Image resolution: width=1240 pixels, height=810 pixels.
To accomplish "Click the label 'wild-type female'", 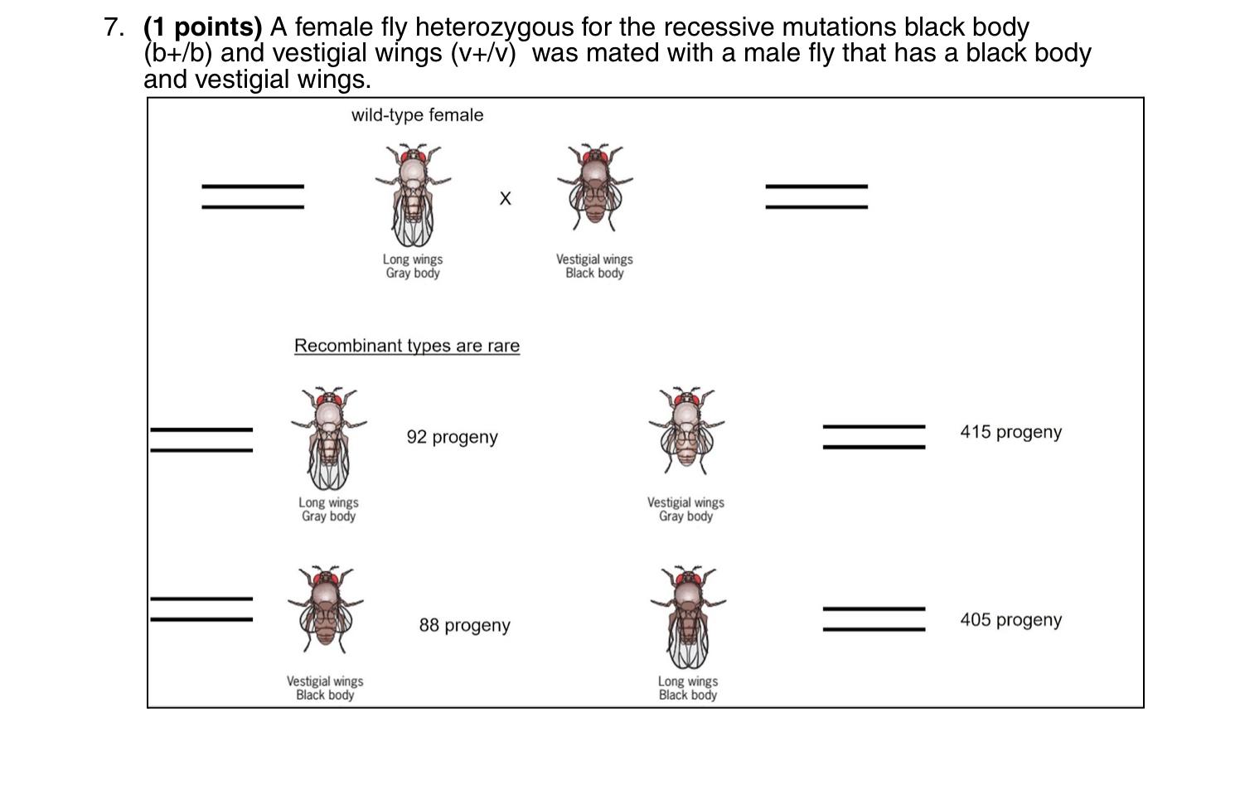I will [x=417, y=115].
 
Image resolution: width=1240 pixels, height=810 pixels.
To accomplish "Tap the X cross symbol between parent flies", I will [x=505, y=198].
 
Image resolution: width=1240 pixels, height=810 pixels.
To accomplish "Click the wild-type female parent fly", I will [x=413, y=196].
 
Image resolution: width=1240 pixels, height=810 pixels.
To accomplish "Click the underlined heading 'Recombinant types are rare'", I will [x=407, y=346].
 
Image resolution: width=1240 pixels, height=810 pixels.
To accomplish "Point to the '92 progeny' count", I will [x=452, y=437].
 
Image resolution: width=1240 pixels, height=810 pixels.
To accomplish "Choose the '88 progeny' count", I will [x=464, y=625].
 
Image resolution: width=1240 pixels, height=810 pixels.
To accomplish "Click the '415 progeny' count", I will [x=1010, y=432].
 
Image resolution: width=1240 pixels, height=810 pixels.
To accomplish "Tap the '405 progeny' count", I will [x=1010, y=620].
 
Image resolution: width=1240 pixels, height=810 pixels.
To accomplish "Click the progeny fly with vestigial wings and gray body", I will [x=686, y=429].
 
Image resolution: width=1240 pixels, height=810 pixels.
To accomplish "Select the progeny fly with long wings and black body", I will [x=688, y=618].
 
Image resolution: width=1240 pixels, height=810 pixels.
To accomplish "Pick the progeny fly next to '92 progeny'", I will [x=329, y=439].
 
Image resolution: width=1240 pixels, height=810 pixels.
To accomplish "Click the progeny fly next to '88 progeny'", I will [x=325, y=609].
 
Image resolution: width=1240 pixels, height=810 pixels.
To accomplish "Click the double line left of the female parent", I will [x=253, y=196].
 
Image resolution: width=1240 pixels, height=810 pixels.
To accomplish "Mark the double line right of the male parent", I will [x=816, y=196].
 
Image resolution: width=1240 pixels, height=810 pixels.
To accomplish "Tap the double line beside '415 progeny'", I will [x=874, y=437].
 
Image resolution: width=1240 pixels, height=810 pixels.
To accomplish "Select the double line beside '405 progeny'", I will [x=874, y=619].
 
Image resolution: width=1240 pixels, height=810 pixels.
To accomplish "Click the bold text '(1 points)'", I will [x=203, y=27].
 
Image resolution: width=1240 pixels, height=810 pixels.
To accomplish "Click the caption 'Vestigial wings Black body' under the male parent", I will [x=594, y=266].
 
